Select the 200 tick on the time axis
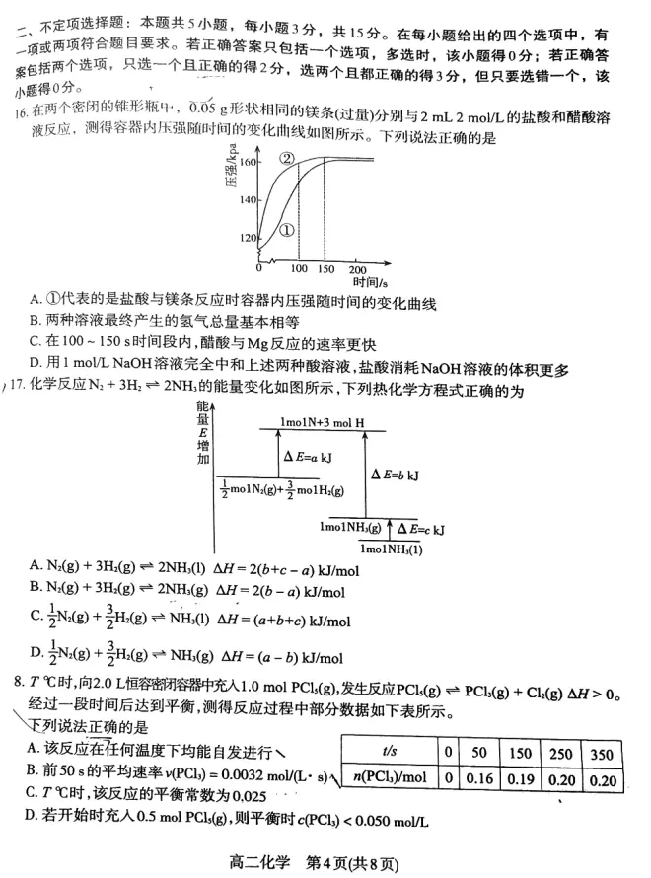coord(357,269)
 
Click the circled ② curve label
coord(287,159)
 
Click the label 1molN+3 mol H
coord(321,422)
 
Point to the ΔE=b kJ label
coord(395,475)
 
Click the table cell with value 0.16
coord(483,777)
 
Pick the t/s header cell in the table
coord(388,751)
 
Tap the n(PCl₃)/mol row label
coord(388,777)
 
